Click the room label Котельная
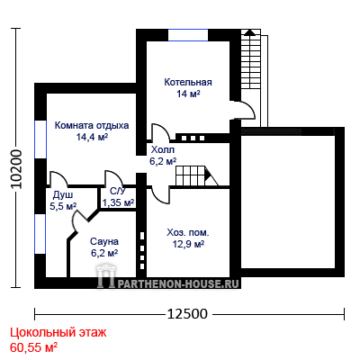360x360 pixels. pos(188,82)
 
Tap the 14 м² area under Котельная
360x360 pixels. pos(188,94)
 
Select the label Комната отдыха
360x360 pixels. pos(92,125)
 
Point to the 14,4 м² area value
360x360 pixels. pos(92,137)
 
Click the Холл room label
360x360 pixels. pos(163,149)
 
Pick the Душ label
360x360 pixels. pos(63,195)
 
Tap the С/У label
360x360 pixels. pos(118,192)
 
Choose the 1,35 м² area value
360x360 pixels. pos(118,202)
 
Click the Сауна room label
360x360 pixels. pos(104,241)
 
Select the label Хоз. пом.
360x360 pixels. pos(188,232)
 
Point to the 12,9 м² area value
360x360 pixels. pos(188,244)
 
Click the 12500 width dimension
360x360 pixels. pos(187,314)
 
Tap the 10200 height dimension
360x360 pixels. pos(16,168)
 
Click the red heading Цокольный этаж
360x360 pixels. pos(58,333)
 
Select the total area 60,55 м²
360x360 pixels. pos(34,348)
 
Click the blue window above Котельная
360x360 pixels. pos(188,35)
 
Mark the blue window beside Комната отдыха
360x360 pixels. pos(40,139)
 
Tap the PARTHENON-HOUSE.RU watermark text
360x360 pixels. pos(178,283)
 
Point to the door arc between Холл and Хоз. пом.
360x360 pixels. pos(159,196)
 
